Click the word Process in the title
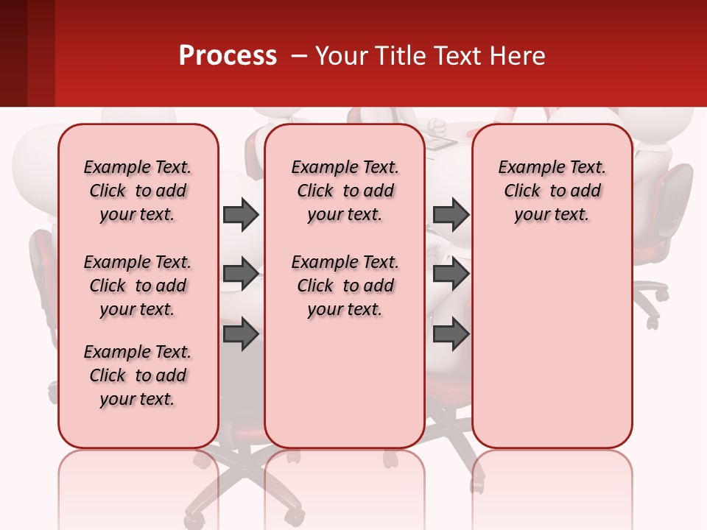click(x=228, y=56)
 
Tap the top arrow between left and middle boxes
click(x=241, y=214)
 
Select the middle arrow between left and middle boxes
click(x=241, y=274)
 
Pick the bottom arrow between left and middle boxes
click(x=241, y=335)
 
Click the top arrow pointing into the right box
click(x=451, y=214)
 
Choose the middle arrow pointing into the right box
click(x=451, y=274)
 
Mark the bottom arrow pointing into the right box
click(x=451, y=335)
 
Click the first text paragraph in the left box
click(x=138, y=191)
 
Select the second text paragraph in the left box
click(x=138, y=286)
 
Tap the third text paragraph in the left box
click(x=138, y=375)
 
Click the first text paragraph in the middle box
click(x=345, y=191)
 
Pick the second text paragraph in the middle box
click(x=345, y=286)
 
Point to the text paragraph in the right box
click(x=552, y=191)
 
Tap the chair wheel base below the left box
click(x=243, y=478)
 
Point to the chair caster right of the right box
click(x=653, y=322)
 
